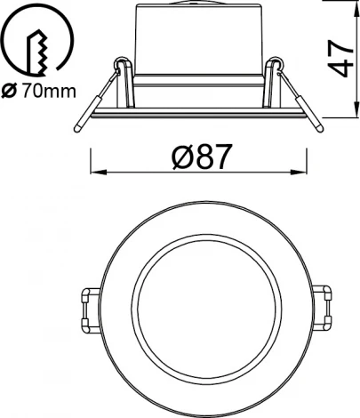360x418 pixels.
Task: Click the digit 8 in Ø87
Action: click(201, 158)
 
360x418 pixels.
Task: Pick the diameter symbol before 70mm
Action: click(11, 90)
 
